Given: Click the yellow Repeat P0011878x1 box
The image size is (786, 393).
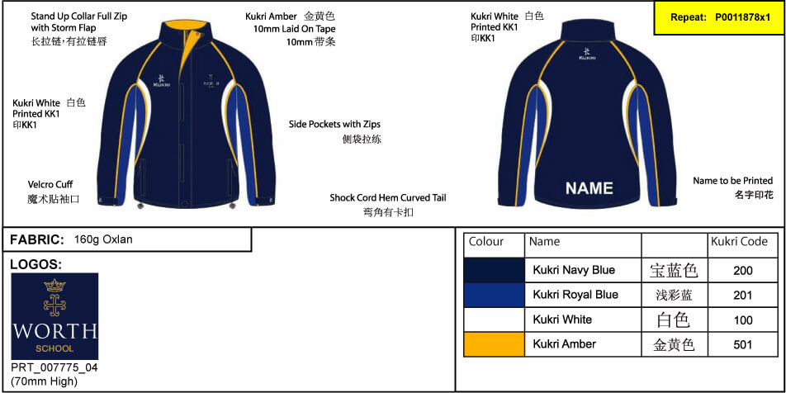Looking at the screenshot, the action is click(x=720, y=17).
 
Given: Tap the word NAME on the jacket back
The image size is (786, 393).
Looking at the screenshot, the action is click(x=589, y=188).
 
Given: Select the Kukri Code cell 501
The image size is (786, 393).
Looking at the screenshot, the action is click(x=742, y=344).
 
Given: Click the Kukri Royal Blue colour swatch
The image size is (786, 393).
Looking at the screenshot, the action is click(x=495, y=296).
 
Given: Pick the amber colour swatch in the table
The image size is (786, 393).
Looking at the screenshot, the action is click(x=495, y=344).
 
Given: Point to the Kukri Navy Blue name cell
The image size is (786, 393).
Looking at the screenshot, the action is click(x=574, y=270).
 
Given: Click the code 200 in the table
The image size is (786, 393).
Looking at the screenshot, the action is click(x=742, y=271).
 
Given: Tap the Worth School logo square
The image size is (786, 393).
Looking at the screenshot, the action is click(x=54, y=316).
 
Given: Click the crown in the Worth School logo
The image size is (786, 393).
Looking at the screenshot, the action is click(x=54, y=286).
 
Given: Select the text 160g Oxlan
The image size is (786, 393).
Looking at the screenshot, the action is click(x=103, y=239).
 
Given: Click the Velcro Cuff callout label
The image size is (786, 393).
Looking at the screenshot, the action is click(x=50, y=184).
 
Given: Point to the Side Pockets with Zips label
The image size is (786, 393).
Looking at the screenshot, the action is click(x=338, y=124).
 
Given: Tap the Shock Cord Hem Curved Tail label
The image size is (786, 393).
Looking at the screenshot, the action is click(x=388, y=197).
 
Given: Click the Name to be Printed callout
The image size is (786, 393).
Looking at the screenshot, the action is click(x=733, y=181).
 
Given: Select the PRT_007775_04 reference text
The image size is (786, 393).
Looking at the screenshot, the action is click(x=54, y=368).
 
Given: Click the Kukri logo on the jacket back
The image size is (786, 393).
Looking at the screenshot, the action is click(x=587, y=54).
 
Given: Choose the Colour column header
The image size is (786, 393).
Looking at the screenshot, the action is click(x=485, y=242).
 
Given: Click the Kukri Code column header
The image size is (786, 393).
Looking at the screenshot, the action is click(x=739, y=242).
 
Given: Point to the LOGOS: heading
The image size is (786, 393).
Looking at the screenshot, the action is click(x=36, y=265).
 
